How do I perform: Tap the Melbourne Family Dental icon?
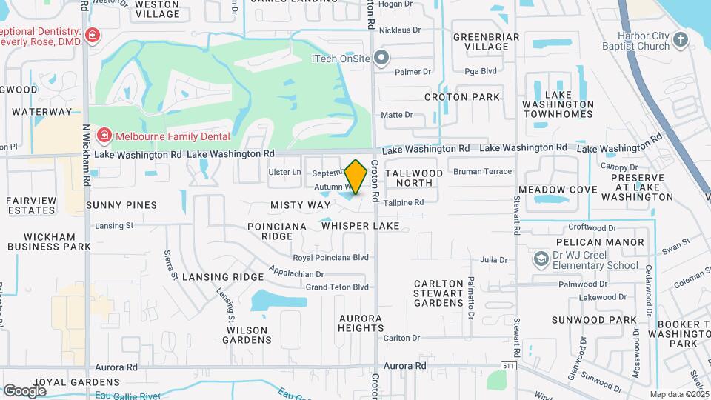click(x=104, y=136)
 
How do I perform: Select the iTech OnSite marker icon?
click(x=382, y=57)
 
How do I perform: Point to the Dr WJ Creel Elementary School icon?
click(x=541, y=259)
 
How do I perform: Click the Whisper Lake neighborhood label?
click(x=361, y=225)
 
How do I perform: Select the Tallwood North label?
click(x=414, y=178)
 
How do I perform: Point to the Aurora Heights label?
click(x=360, y=323)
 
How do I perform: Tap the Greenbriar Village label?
click(x=481, y=41)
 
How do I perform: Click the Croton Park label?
click(x=462, y=97)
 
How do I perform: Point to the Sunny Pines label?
click(x=121, y=204)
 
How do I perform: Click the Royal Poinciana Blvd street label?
click(x=330, y=258)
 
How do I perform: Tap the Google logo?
click(x=24, y=390)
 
